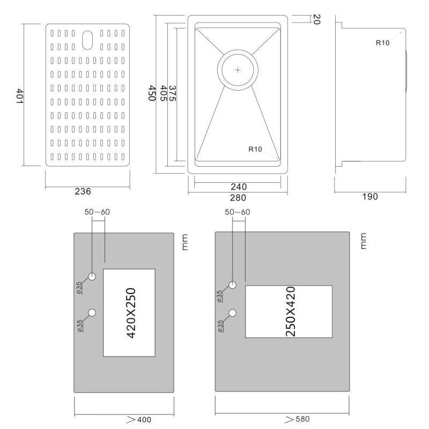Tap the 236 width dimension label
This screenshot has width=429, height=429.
tap(83, 191)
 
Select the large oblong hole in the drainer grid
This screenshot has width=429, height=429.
tap(87, 39)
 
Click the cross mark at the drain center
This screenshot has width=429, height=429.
tap(238, 70)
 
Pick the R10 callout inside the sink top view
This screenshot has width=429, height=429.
tap(255, 150)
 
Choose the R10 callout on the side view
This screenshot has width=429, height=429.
tap(382, 43)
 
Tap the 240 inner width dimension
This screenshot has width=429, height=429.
tap(238, 187)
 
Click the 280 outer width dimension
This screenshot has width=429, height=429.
tap(238, 197)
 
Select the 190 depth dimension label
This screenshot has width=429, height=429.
tap(369, 197)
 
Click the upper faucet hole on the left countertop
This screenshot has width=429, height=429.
tap(92, 277)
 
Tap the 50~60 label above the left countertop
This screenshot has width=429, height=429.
tap(97, 212)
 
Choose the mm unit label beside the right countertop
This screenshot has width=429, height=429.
tap(362, 241)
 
